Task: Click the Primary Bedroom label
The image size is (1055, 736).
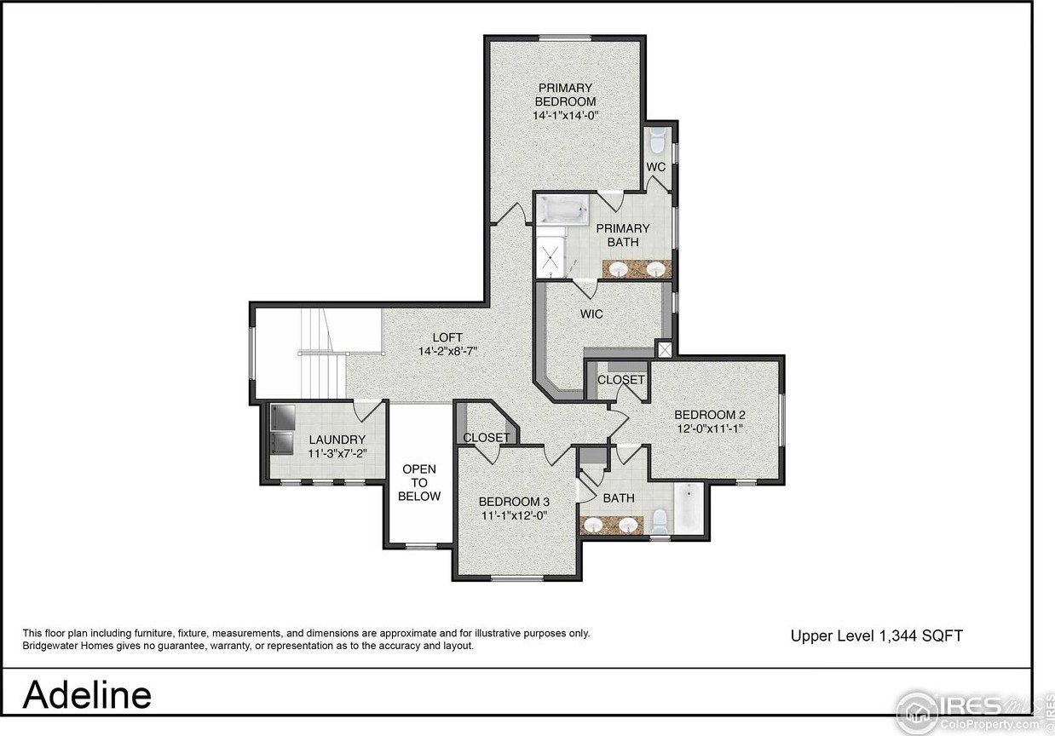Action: pyautogui.click(x=565, y=95)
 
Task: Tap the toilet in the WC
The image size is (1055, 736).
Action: pyautogui.click(x=657, y=140)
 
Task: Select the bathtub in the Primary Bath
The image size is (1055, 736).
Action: pyautogui.click(x=563, y=210)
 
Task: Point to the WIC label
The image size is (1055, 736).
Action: pyautogui.click(x=591, y=314)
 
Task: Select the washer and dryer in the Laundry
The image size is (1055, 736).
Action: pyautogui.click(x=282, y=429)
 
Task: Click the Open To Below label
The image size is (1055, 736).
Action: pyautogui.click(x=419, y=482)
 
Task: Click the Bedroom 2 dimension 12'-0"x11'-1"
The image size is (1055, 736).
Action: pyautogui.click(x=710, y=428)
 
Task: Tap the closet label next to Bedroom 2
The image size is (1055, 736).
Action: pyautogui.click(x=620, y=380)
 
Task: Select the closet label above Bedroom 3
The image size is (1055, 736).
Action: pyautogui.click(x=486, y=438)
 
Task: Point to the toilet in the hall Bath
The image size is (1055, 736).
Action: pyautogui.click(x=659, y=519)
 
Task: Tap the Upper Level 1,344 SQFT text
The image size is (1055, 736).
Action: pyautogui.click(x=876, y=635)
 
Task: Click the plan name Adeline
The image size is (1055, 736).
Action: pyautogui.click(x=87, y=694)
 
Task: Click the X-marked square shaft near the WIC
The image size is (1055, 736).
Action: pyautogui.click(x=665, y=348)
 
